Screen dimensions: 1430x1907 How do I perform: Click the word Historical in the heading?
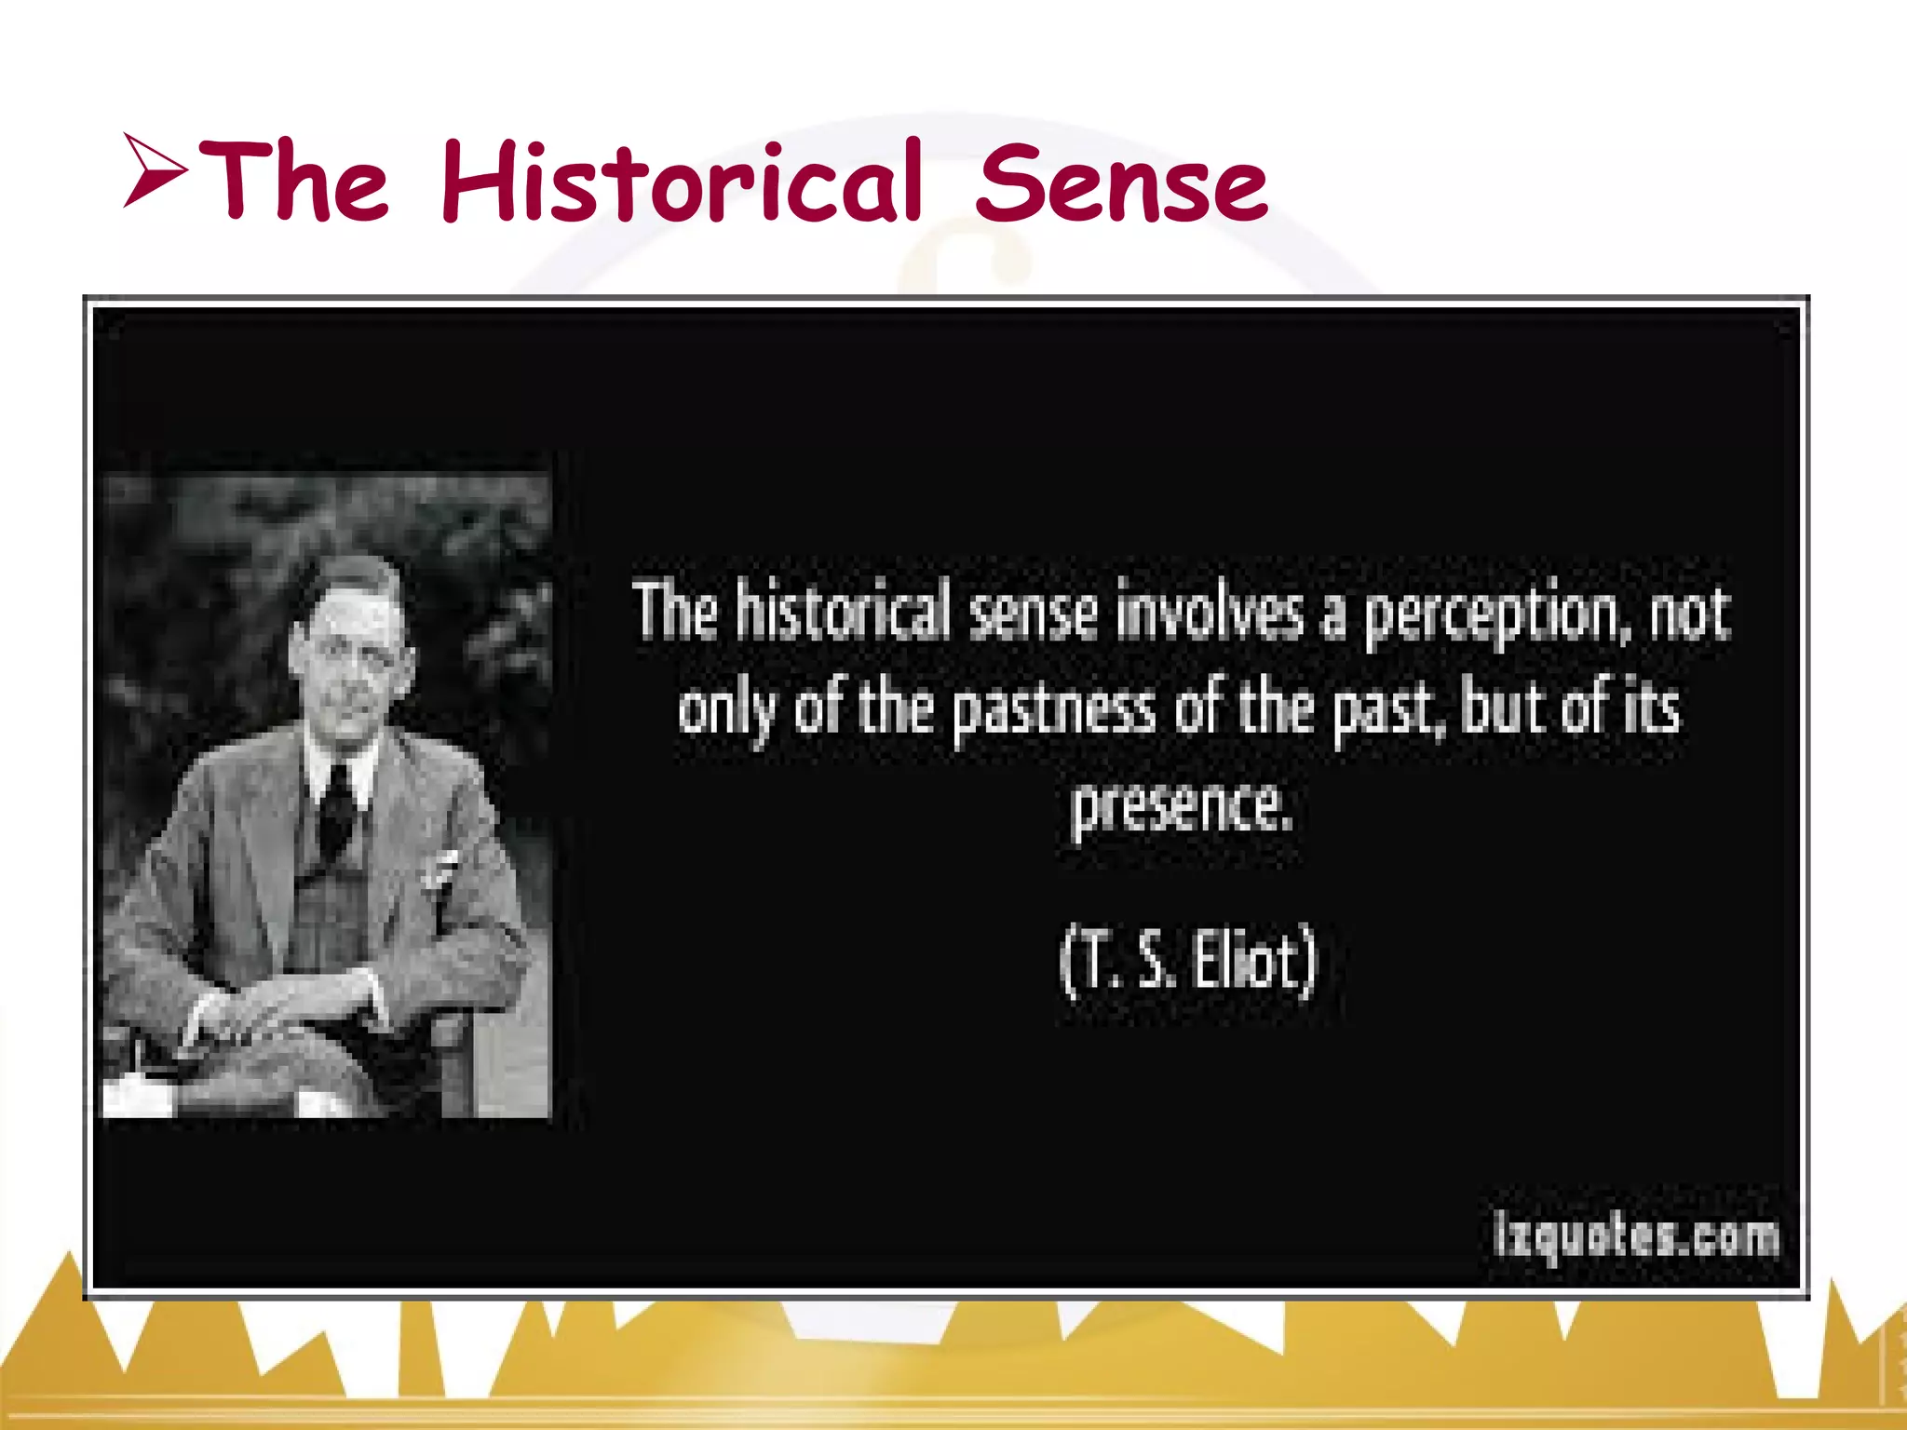[x=680, y=181]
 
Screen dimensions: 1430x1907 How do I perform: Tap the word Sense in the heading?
[x=1121, y=183]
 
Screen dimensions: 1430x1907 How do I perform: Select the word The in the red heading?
[x=292, y=181]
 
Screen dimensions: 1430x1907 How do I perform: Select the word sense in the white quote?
[x=1032, y=614]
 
